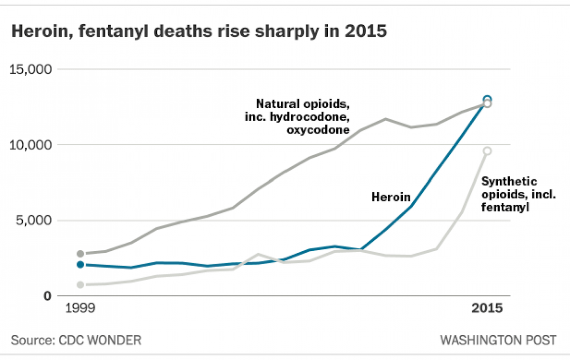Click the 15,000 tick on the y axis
(30, 69)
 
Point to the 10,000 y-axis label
(30, 145)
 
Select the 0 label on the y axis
(47, 296)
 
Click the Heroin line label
(391, 197)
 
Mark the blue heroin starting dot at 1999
(80, 265)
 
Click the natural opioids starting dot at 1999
(80, 254)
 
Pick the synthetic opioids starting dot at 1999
(80, 284)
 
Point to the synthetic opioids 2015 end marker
(487, 151)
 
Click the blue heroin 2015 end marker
(487, 99)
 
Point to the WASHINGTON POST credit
(498, 340)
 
